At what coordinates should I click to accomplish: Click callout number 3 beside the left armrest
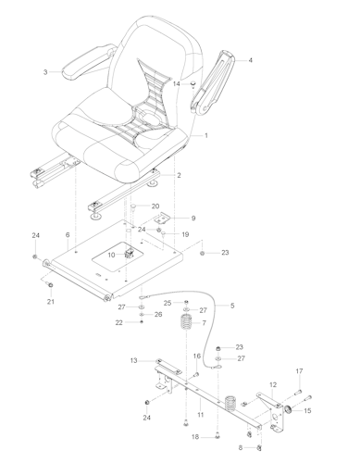click(x=45, y=72)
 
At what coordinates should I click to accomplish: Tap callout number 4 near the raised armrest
click(x=250, y=59)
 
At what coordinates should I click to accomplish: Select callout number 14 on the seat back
click(x=177, y=83)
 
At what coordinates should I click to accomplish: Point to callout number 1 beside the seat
click(x=205, y=135)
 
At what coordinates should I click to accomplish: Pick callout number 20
click(x=155, y=206)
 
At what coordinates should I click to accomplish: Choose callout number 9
click(x=193, y=218)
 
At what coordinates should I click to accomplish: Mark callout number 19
click(x=185, y=235)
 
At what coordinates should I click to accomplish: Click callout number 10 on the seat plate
click(x=111, y=255)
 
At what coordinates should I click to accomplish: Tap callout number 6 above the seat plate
click(x=68, y=236)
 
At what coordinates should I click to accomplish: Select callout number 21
click(x=51, y=301)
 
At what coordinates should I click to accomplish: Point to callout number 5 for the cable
click(x=232, y=306)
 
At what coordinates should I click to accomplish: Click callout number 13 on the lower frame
click(x=133, y=360)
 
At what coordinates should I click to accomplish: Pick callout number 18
click(x=194, y=436)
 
